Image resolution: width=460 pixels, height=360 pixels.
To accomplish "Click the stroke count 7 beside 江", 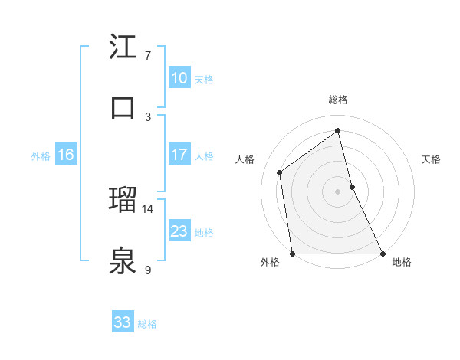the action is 148,55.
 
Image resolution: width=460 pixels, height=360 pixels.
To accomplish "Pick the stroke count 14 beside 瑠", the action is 148,208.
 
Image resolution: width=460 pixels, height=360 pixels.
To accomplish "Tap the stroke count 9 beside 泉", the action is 148,270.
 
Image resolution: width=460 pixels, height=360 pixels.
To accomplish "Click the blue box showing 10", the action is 179,78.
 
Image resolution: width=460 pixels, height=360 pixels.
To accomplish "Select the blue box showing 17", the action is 179,155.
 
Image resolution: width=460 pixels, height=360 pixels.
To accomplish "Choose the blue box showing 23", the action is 179,231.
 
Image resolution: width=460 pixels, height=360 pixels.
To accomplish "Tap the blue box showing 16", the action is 65,155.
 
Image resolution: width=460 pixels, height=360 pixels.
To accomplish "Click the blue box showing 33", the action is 122,322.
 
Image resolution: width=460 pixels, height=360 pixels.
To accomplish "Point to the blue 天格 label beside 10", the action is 204,79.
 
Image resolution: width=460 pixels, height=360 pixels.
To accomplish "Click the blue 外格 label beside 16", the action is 41,155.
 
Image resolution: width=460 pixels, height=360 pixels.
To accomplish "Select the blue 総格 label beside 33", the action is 147,324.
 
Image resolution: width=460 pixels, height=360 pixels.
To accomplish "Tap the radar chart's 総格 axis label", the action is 337,100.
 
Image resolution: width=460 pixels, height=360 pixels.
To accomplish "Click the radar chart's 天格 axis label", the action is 432,159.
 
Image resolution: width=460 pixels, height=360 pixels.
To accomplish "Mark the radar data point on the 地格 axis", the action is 382,254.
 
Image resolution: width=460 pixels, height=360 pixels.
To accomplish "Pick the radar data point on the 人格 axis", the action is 280,172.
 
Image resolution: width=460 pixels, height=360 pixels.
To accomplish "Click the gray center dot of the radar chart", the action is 337,191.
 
